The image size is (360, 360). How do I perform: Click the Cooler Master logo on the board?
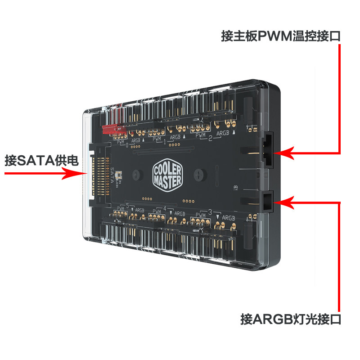coord(167,175)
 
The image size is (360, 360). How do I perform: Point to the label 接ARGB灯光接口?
coord(291,320)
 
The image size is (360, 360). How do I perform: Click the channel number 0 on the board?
coord(127,145)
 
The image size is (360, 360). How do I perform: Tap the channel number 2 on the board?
coord(210,138)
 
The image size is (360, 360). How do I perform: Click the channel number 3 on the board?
coord(210,212)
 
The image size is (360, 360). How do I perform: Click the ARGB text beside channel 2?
coord(223,133)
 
